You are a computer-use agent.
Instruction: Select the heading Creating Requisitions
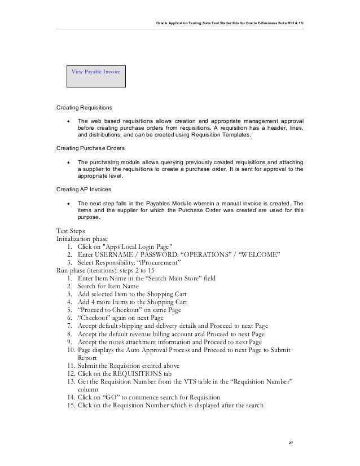tap(84, 107)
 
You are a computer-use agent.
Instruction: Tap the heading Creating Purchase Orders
tap(90, 148)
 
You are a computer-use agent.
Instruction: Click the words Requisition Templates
tap(223, 136)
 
